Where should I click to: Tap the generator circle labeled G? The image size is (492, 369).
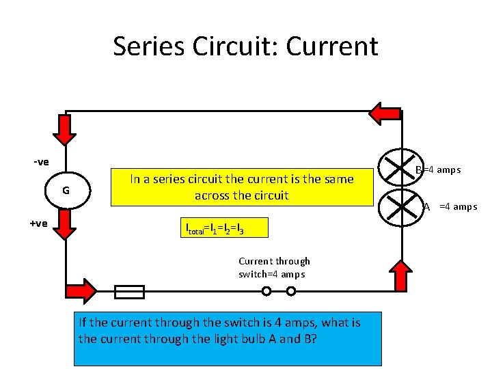point(66,191)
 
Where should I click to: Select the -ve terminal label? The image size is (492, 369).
point(41,162)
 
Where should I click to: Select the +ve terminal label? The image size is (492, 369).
point(38,223)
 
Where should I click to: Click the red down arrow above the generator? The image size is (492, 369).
point(66,130)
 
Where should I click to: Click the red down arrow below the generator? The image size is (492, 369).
point(66,225)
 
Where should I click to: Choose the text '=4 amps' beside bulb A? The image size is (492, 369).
point(458,206)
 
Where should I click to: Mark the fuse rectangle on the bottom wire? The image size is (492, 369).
point(129,292)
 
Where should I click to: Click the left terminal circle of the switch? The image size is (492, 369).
point(266,292)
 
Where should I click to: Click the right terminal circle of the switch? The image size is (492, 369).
point(291,292)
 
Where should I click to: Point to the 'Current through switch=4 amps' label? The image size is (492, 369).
point(274,267)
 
